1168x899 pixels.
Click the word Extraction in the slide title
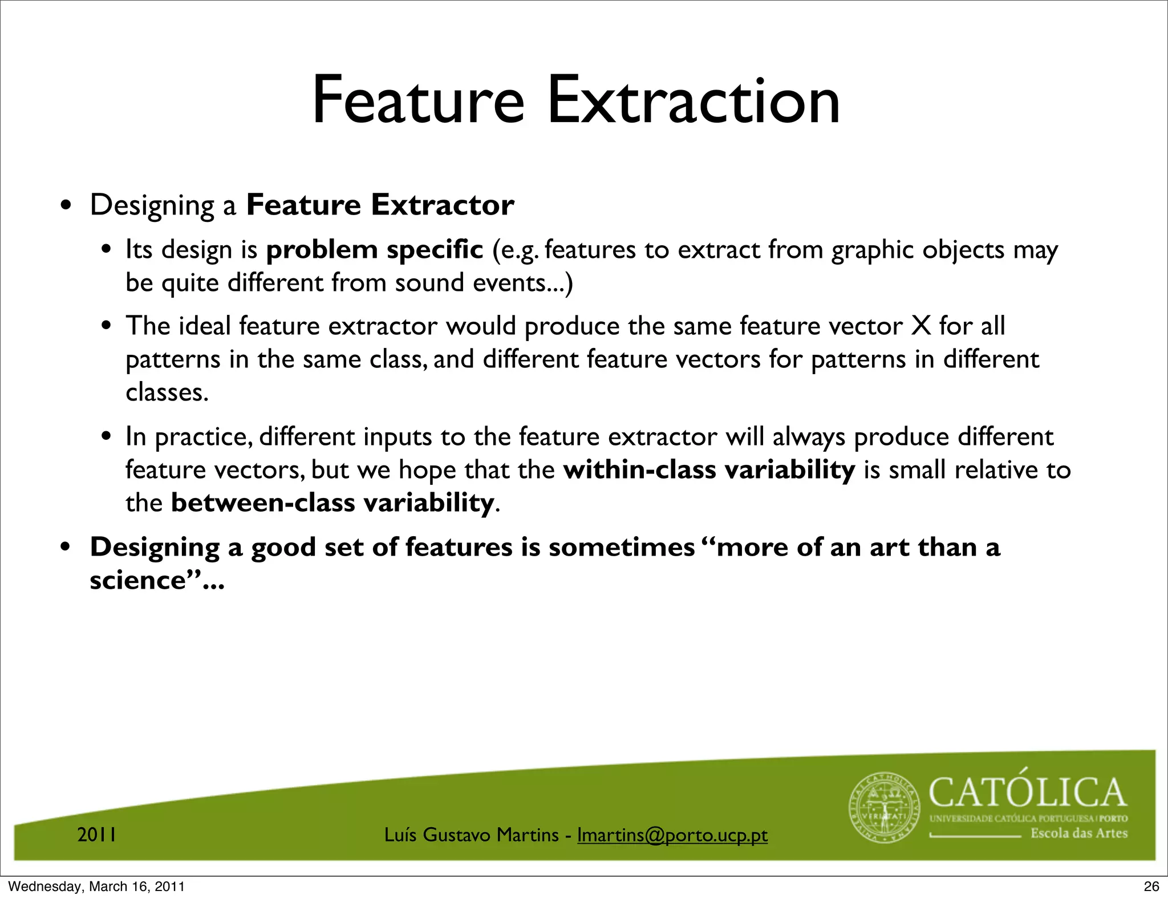(x=693, y=102)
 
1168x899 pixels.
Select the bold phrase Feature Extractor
(x=380, y=205)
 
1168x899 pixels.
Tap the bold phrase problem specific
(x=375, y=250)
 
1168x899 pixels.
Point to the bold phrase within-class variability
(x=709, y=470)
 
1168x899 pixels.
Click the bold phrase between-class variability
(x=332, y=503)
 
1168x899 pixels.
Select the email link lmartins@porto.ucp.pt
(x=672, y=835)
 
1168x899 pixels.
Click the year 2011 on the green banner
(x=97, y=835)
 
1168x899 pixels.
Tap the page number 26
(x=1151, y=886)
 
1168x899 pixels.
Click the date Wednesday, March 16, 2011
(x=96, y=886)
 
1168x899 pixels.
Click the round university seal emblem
(x=885, y=808)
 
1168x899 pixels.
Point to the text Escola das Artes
(x=1079, y=833)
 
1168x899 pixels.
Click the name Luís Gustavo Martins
(x=471, y=835)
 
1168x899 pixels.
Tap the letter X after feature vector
(x=921, y=326)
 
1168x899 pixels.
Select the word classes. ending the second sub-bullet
(x=167, y=392)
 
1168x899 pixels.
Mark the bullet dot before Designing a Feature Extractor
(x=67, y=206)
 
